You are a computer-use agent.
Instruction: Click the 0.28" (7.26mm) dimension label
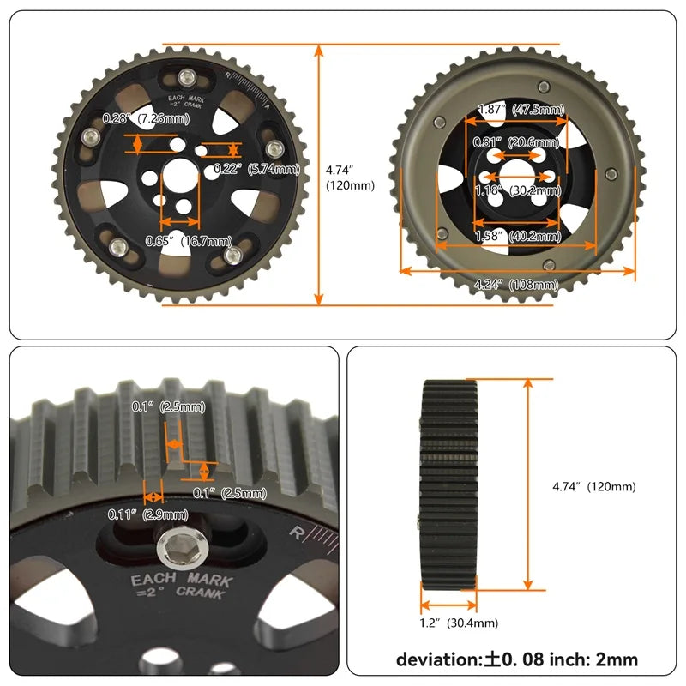[x=146, y=118]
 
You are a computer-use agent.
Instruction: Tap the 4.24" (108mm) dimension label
[x=516, y=284]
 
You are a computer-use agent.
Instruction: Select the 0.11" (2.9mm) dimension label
[x=147, y=514]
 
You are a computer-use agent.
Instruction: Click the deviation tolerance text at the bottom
[x=516, y=660]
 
